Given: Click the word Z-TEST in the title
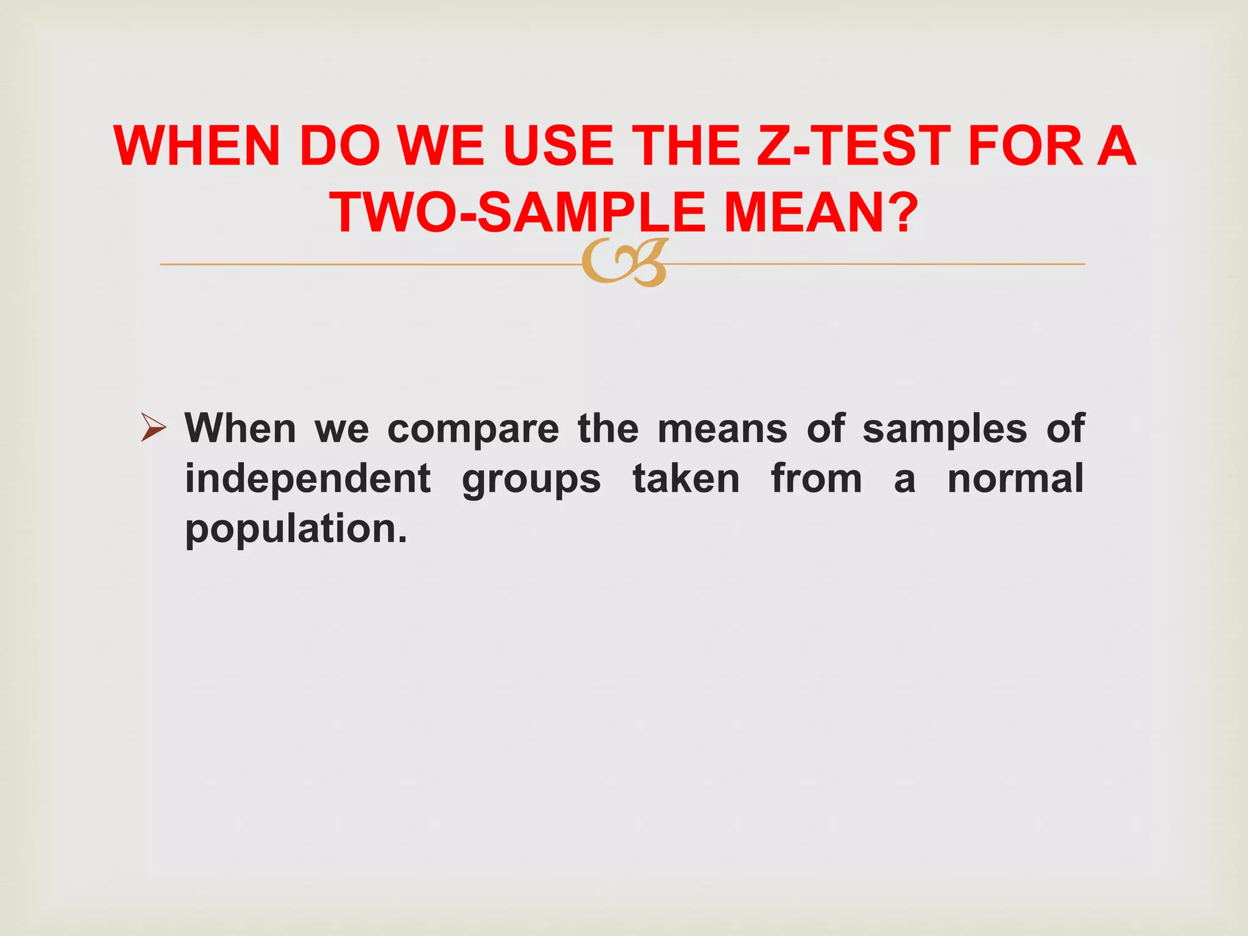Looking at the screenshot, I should [x=853, y=146].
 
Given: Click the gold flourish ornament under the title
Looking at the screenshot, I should [x=624, y=263].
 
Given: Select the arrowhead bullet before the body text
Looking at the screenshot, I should [x=153, y=427].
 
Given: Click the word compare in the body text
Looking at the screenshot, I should [x=473, y=429].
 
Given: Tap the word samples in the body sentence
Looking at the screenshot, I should [x=945, y=429].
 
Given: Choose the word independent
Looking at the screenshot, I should [x=308, y=478].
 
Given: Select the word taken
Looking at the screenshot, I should [x=686, y=478].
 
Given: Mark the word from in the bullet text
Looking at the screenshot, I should [x=817, y=478].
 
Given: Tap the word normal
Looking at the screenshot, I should [x=1015, y=478].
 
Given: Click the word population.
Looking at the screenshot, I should [x=296, y=529].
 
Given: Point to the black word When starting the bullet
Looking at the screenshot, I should [x=240, y=428].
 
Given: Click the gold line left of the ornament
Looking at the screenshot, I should [x=366, y=264].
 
